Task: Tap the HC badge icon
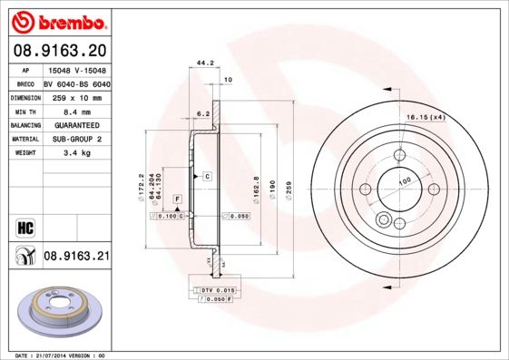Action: tap(24, 228)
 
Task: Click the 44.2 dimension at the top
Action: tap(204, 63)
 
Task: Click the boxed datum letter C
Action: tap(207, 174)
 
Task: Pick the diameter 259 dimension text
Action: tap(288, 190)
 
